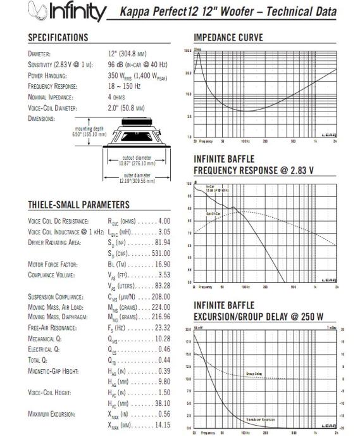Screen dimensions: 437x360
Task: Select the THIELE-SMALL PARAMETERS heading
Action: click(78, 205)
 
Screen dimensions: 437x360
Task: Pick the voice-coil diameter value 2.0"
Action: click(128, 108)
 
